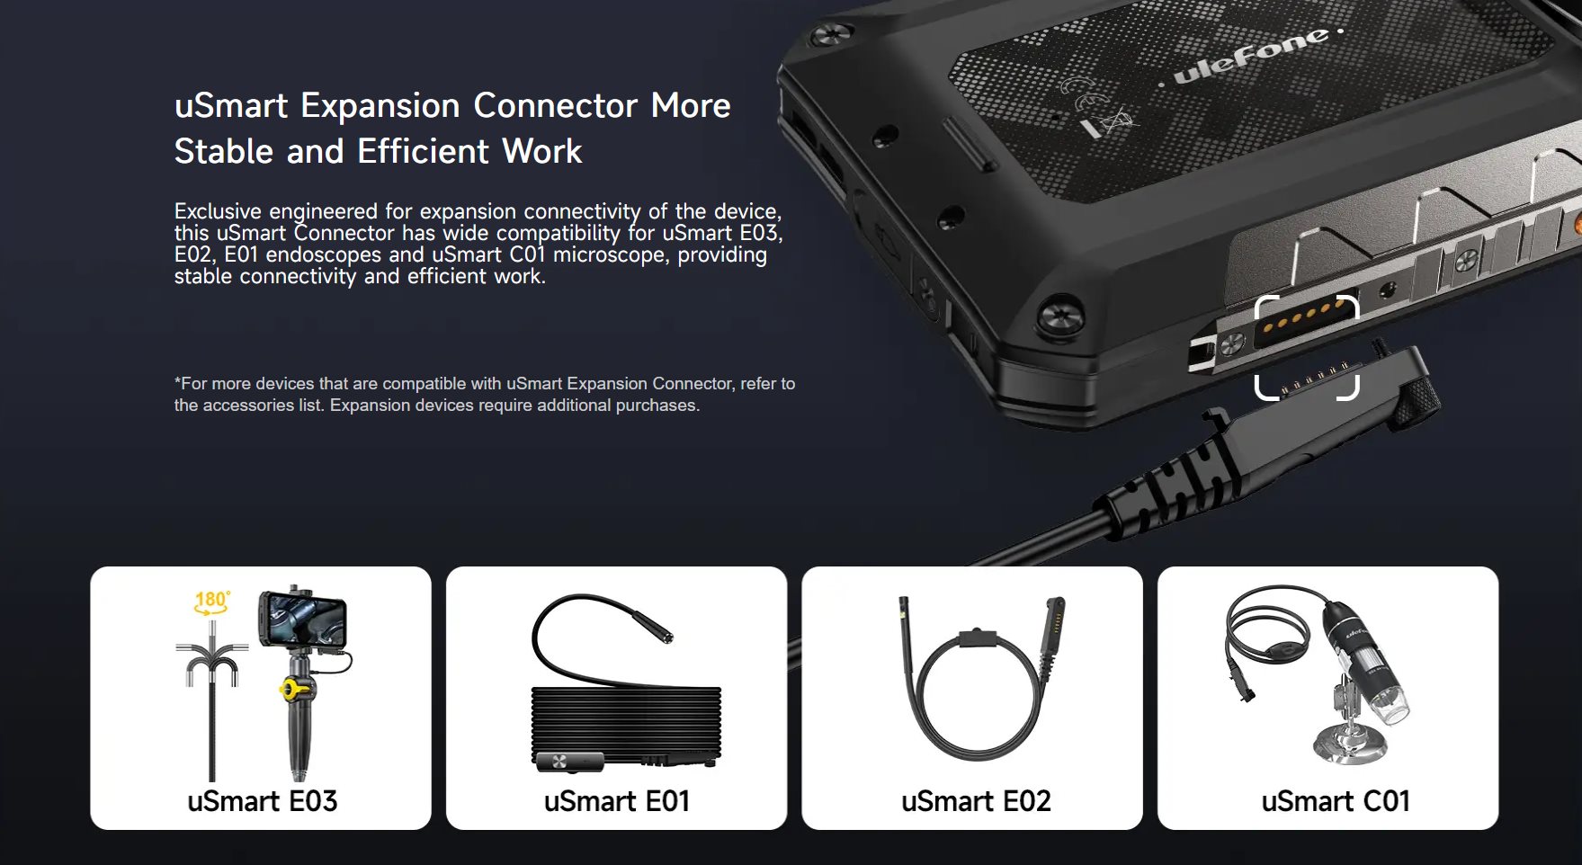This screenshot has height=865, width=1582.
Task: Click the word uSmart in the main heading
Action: (231, 106)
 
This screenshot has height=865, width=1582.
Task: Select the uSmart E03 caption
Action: (262, 801)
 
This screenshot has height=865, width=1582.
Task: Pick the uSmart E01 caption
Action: (617, 801)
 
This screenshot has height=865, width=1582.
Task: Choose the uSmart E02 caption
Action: (976, 801)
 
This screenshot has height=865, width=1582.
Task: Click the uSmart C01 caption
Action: (1336, 801)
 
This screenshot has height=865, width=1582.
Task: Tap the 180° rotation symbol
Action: (212, 602)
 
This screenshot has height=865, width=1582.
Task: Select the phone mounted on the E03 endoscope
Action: (302, 620)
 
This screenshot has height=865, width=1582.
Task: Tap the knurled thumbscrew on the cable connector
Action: (1420, 396)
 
